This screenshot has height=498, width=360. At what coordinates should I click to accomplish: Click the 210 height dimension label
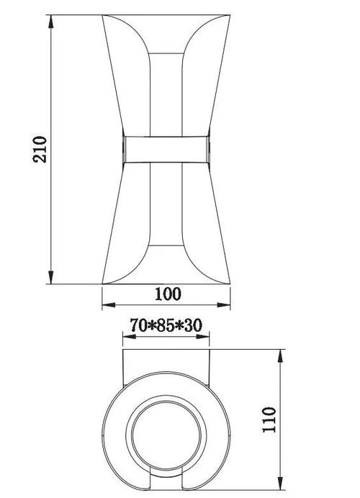tap(40, 150)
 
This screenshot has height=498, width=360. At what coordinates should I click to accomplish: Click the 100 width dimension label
tap(168, 294)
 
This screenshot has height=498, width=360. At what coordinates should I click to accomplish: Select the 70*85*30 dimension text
tap(166, 325)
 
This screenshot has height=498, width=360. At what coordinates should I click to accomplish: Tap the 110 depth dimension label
tap(269, 420)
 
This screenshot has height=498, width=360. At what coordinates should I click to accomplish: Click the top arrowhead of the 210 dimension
tap(51, 22)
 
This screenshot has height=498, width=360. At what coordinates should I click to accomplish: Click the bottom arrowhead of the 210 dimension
tap(51, 277)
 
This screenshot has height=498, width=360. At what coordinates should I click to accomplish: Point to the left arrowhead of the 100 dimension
tap(109, 305)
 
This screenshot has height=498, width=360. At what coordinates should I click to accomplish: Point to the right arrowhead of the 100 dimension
tap(223, 305)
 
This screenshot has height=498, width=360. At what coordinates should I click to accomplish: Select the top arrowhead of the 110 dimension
tap(280, 356)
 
